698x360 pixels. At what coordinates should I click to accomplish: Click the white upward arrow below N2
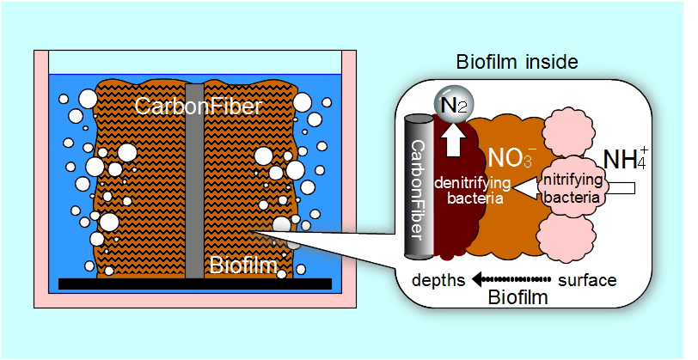(450, 138)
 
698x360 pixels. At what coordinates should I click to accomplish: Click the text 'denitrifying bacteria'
(472, 190)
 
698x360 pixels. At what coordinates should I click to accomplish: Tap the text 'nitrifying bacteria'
(568, 190)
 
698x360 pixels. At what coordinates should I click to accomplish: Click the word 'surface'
(587, 281)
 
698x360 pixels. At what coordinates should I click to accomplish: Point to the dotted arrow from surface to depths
(514, 281)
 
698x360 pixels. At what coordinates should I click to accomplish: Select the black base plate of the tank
(194, 284)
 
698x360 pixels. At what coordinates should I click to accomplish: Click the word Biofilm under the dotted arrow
(517, 298)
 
